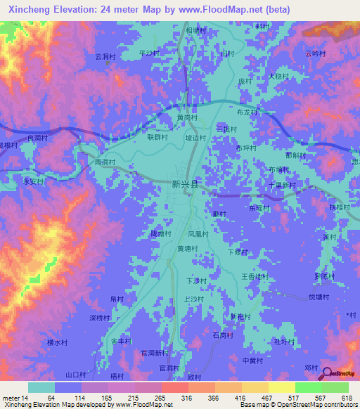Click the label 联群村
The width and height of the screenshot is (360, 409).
pos(157,138)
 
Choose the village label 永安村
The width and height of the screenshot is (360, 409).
pos(34,181)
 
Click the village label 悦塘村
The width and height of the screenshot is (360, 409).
pos(320,297)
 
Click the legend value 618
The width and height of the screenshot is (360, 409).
pos(347,398)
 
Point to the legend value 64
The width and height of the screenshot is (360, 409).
pos(51,398)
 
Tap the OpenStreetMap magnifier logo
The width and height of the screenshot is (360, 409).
pos(326,372)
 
